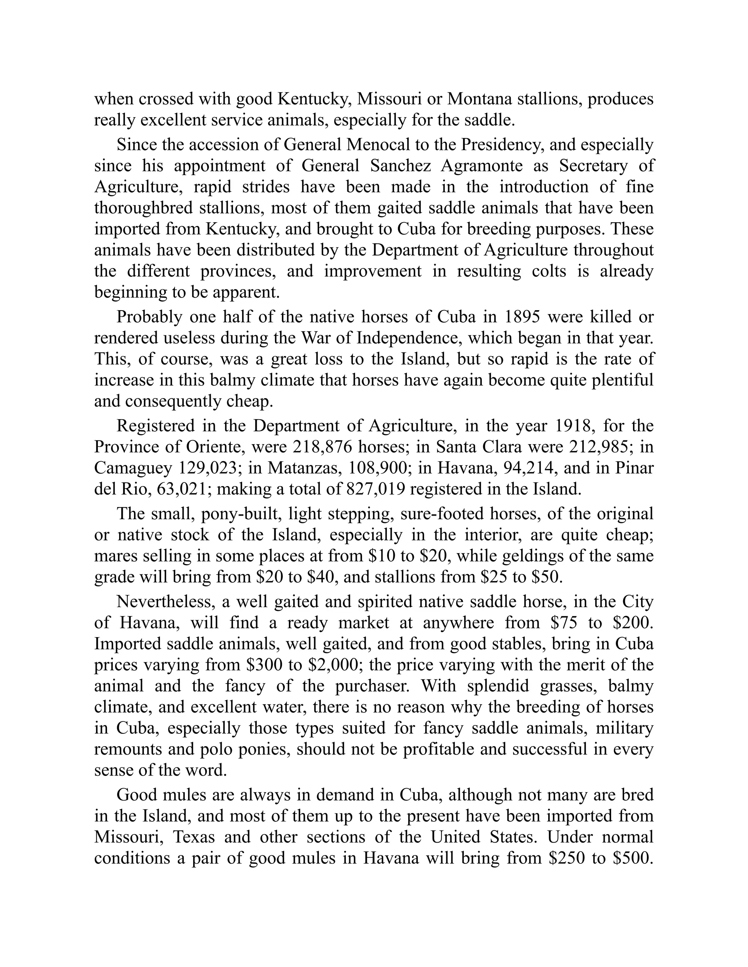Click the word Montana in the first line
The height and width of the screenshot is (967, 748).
coord(479,99)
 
